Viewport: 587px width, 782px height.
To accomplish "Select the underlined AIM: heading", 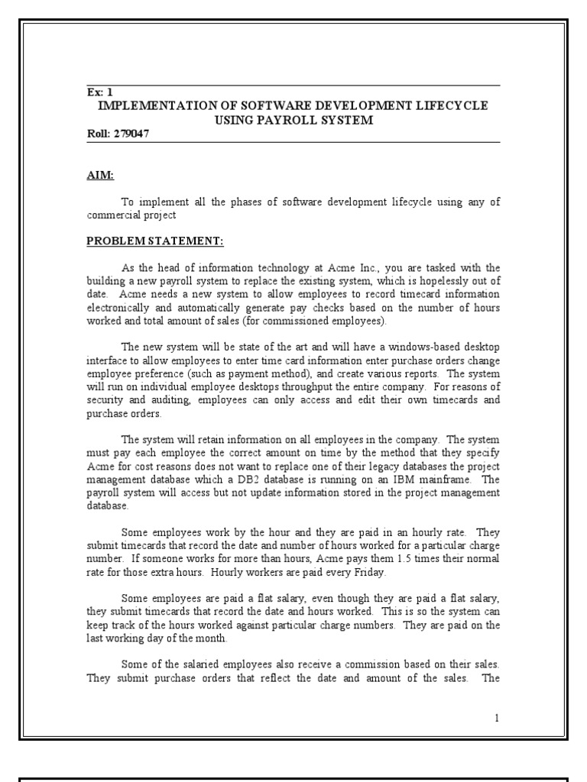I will coord(100,176).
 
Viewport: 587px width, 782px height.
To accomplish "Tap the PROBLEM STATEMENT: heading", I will coord(154,241).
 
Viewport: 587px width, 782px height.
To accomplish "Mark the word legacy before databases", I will coord(367,468).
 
